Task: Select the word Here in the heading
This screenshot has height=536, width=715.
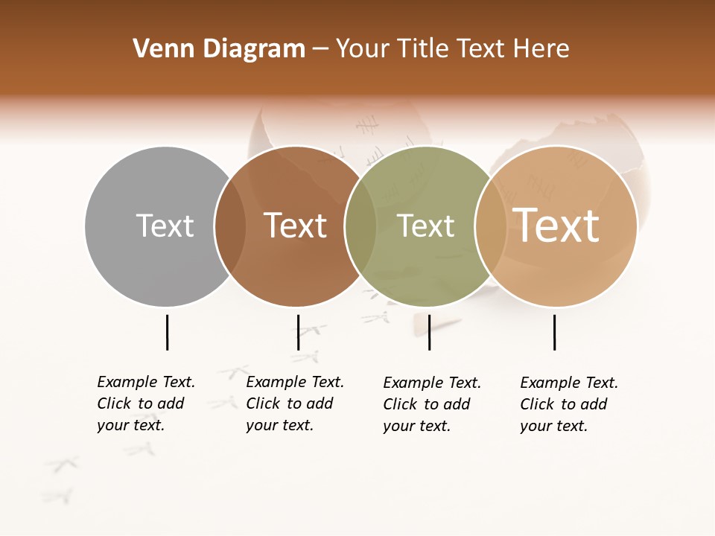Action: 543,49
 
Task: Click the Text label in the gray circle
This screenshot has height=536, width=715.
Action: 165,226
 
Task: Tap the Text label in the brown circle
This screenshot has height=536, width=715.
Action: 296,226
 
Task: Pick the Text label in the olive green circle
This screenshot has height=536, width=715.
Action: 425,226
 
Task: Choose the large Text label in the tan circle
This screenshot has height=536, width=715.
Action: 556,226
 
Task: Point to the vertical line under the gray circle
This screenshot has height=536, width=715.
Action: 167,332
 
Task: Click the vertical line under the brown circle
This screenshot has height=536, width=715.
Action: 298,332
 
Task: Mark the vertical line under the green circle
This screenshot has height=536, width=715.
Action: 429,332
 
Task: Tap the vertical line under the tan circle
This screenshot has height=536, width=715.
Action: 554,332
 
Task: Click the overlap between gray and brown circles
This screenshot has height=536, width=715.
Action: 230,226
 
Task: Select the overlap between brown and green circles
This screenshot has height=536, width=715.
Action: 360,226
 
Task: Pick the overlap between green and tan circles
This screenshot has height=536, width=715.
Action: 491,226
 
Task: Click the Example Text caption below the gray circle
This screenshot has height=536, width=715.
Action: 145,403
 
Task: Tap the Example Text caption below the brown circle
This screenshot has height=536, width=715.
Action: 294,403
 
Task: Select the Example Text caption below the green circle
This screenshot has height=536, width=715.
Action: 431,404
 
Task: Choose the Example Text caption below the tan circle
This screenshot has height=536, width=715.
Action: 568,404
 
